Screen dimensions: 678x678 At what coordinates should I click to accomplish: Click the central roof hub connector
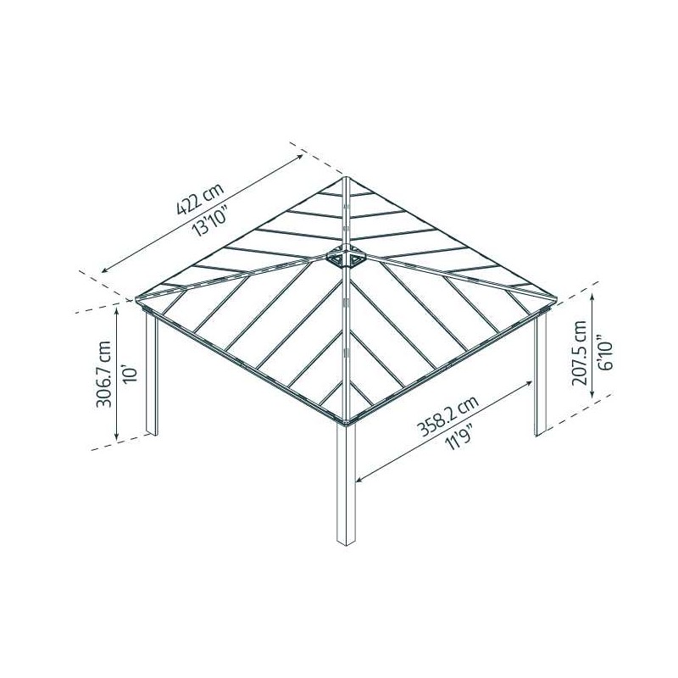point(346,257)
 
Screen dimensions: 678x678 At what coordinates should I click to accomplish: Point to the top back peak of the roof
point(347,178)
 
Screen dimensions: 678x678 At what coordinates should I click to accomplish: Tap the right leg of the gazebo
point(541,373)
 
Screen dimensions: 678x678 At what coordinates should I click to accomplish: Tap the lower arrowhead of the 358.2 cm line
point(358,481)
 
